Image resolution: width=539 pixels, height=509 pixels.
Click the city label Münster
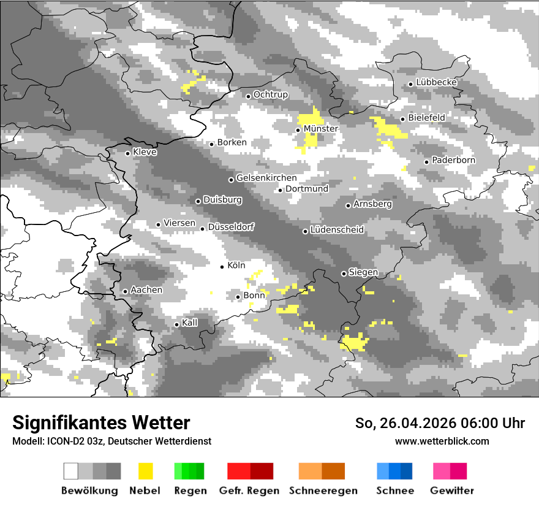[x=320, y=129]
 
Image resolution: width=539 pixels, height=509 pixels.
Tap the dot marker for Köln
[x=222, y=266]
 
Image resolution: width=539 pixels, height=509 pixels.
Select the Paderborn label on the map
[x=453, y=160]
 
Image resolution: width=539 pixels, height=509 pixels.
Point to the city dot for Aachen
[x=125, y=291]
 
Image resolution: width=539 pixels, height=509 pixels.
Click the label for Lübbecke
[x=437, y=82]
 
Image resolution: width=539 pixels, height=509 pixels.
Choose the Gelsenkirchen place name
[x=266, y=178]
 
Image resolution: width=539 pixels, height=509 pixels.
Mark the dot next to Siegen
[x=344, y=274]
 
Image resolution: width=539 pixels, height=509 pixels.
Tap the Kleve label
[x=145, y=151]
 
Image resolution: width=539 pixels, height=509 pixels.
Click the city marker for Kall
[x=176, y=324]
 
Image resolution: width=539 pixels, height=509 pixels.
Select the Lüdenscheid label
[x=337, y=230]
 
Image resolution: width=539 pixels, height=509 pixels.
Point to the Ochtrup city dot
[x=248, y=96]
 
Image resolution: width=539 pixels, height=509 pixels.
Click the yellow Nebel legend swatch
[x=145, y=471]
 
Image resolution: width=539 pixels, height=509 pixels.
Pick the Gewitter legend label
[x=451, y=491]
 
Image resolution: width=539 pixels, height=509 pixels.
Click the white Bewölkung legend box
[x=71, y=471]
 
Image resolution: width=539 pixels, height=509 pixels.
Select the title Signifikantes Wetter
[x=101, y=423]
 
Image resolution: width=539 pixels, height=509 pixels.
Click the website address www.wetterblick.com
[x=442, y=441]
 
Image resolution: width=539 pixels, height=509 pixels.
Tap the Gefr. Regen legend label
[x=249, y=491]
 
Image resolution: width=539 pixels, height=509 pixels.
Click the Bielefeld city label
[x=426, y=117]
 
